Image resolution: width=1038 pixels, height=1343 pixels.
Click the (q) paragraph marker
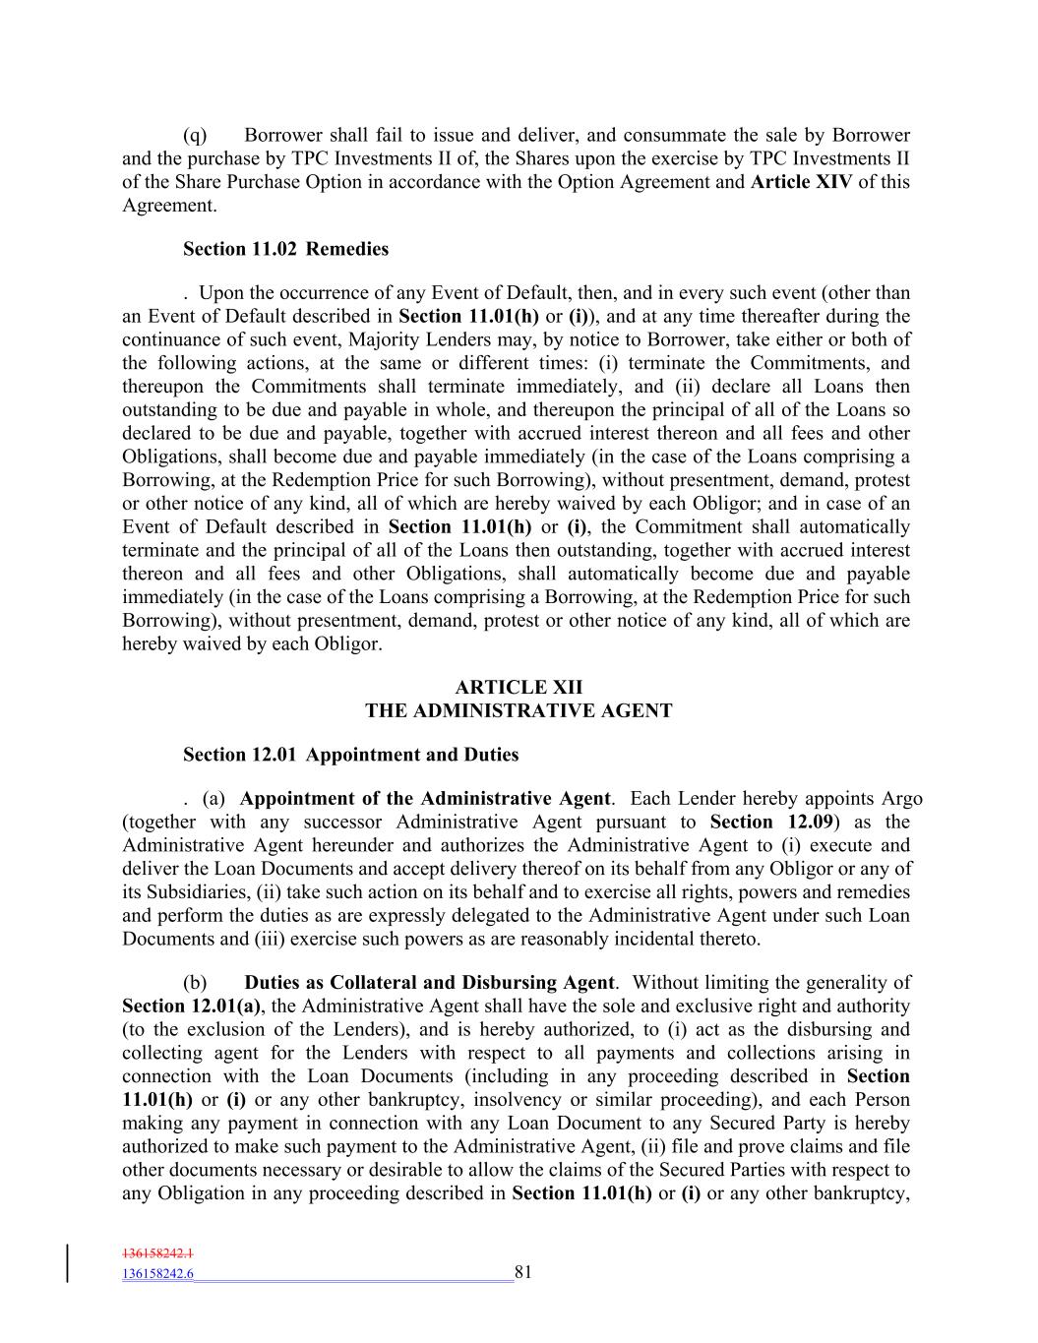[x=195, y=135]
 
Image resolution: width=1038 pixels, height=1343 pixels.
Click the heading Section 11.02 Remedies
[x=285, y=249]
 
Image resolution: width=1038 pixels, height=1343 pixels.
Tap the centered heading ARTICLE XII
[x=519, y=688]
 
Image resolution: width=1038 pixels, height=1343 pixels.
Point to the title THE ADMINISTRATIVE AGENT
[x=519, y=710]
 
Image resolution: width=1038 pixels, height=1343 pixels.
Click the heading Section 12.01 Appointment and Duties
[x=350, y=755]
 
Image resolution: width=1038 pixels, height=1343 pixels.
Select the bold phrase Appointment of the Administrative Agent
[x=425, y=799]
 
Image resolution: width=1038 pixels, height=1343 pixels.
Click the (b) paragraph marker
[x=195, y=983]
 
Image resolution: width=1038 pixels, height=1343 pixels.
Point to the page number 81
[x=522, y=1272]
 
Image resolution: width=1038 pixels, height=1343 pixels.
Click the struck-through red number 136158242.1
[x=158, y=1254]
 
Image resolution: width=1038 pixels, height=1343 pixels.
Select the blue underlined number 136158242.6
[x=158, y=1274]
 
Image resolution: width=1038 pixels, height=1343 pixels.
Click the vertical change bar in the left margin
[x=68, y=1264]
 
